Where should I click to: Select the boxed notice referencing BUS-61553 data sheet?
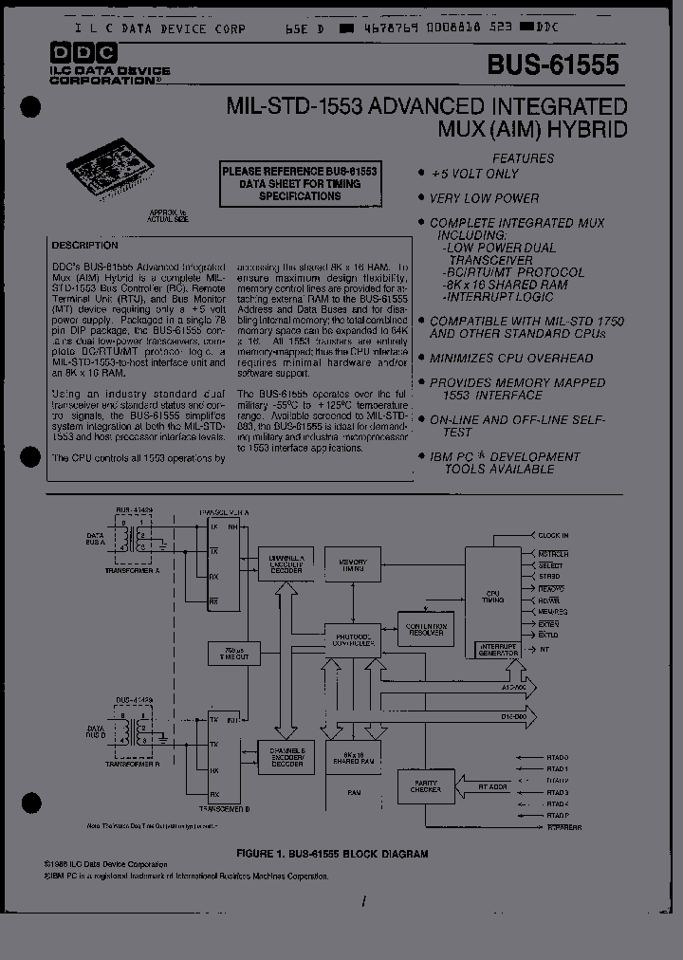click(x=300, y=183)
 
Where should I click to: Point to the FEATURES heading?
click(x=523, y=158)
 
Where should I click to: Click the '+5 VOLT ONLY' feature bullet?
click(x=474, y=174)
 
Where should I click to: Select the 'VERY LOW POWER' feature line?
click(x=484, y=198)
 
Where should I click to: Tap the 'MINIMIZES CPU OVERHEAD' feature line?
click(x=511, y=359)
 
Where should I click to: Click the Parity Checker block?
click(x=425, y=785)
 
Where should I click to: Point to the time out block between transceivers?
click(x=233, y=653)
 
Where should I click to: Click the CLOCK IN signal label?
click(x=554, y=536)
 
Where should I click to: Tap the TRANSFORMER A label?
click(x=138, y=572)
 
